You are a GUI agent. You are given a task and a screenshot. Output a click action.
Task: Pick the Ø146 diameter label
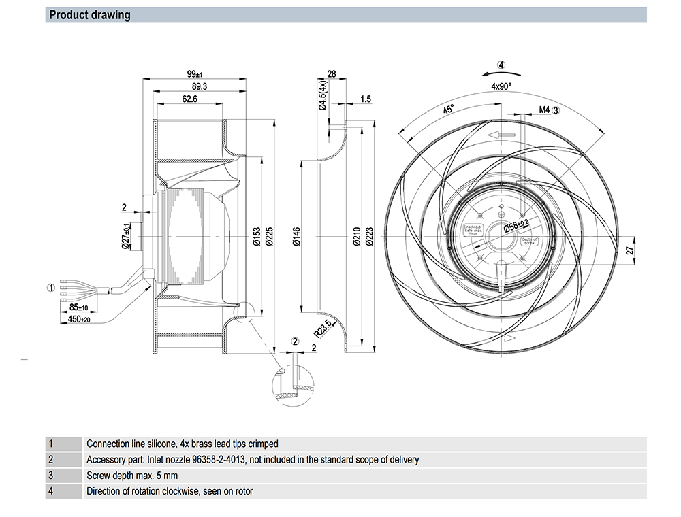(295, 237)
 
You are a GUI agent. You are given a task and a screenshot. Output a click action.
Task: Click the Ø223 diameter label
(368, 237)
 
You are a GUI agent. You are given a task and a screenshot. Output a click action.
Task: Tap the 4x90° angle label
(501, 86)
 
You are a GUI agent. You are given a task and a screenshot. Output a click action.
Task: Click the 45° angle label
(448, 110)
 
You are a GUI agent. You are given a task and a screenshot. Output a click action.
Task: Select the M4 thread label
(544, 110)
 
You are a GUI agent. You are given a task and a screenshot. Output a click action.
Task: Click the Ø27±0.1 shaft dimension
(125, 237)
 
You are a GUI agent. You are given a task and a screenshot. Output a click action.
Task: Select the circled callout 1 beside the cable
(50, 288)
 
